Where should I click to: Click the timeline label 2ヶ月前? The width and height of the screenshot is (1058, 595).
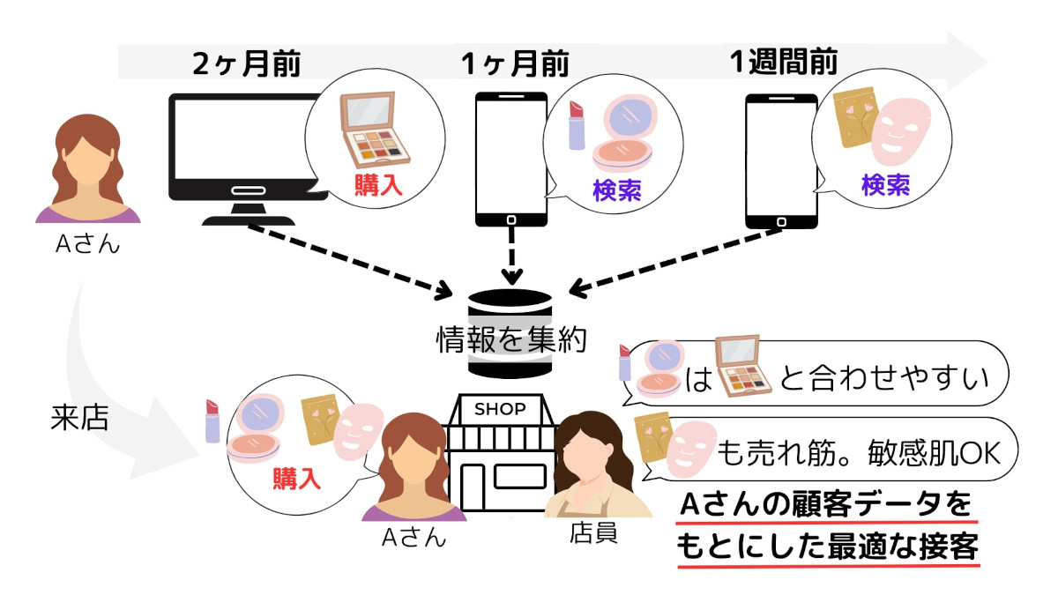tap(248, 64)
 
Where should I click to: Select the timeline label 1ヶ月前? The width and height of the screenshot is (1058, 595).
tap(515, 64)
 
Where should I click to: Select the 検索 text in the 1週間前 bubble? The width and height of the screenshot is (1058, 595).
tap(884, 185)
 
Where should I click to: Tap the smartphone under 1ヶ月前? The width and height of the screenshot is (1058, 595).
tap(511, 159)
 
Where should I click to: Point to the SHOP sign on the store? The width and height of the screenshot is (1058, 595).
tap(500, 409)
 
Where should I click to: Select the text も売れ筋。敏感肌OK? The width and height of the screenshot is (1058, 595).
tap(861, 450)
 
